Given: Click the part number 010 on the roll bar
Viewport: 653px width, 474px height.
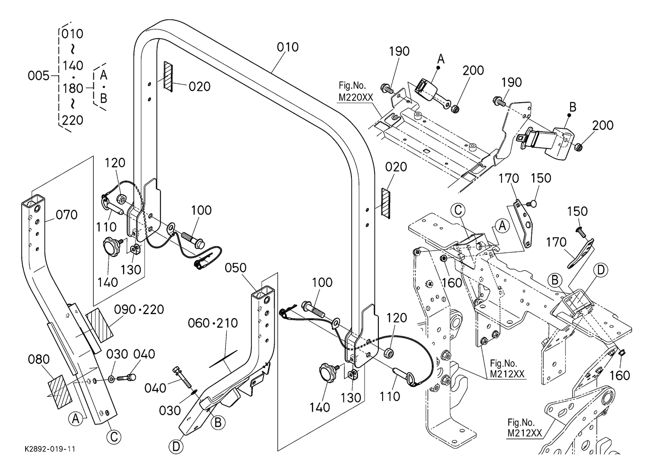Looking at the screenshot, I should tap(288, 47).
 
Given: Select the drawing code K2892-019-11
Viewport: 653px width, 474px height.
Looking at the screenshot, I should tap(51, 448).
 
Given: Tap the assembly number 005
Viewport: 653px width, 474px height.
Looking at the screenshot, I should tap(38, 76).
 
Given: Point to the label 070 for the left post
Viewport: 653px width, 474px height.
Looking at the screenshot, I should tap(67, 215).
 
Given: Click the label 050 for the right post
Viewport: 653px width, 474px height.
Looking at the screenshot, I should tap(236, 268).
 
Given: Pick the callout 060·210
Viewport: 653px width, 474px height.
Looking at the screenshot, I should tap(213, 323).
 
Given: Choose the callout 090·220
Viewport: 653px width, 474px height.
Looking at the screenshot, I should tap(139, 310).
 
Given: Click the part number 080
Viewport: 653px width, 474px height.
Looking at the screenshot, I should tap(39, 359).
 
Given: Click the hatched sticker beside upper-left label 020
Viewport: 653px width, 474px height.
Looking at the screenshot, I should tap(169, 76).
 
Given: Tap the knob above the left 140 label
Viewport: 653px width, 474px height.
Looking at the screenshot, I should tap(112, 248).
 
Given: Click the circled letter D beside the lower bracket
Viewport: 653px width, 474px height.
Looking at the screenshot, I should tap(176, 446).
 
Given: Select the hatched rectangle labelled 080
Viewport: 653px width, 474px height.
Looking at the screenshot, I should tap(58, 392).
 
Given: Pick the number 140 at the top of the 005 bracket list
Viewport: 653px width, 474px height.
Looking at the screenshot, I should tap(72, 65).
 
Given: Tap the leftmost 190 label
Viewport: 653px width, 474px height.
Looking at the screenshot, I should tap(400, 51).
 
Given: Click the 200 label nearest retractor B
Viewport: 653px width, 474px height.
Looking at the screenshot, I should tap(603, 125).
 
